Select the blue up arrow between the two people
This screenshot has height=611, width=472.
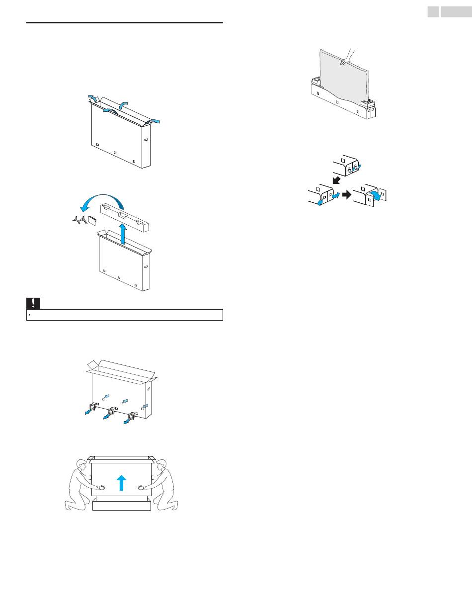[x=122, y=483]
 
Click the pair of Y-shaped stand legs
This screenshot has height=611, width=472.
[x=79, y=220]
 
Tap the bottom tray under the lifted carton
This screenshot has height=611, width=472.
[x=122, y=506]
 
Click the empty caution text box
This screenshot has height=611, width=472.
[x=124, y=315]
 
